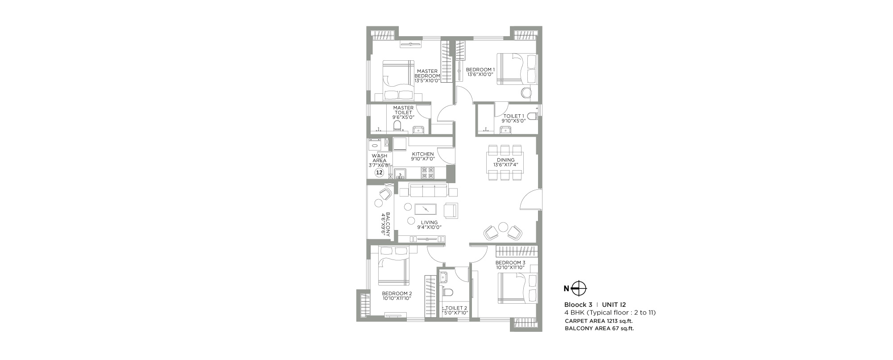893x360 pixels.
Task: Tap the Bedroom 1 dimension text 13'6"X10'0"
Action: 480,75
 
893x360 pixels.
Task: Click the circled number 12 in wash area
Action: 380,172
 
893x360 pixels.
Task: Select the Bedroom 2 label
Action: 396,293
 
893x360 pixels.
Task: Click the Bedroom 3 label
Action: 510,262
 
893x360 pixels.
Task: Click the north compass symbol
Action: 579,288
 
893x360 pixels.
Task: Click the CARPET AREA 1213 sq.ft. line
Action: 599,321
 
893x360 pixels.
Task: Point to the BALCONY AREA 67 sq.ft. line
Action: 599,328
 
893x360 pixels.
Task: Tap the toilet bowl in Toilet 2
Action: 447,292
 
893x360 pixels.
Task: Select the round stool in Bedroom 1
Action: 526,92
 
